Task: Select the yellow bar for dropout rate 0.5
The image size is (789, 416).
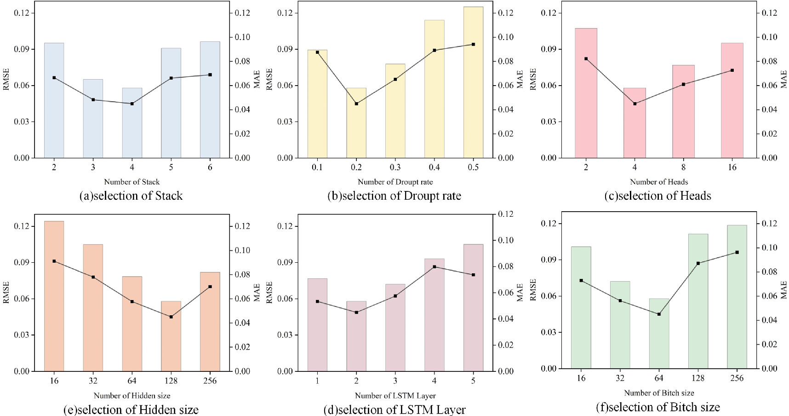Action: (473, 83)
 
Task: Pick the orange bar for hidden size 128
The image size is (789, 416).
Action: (171, 336)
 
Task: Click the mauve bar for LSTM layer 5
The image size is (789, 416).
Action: (473, 308)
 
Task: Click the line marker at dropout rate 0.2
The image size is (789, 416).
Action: (356, 104)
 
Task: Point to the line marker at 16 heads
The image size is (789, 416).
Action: (732, 70)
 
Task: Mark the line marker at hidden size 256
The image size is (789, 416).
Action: (210, 287)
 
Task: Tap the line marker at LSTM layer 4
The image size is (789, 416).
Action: (434, 267)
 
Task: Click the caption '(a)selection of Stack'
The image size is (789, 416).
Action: (131, 196)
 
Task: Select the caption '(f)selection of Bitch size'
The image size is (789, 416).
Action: (657, 407)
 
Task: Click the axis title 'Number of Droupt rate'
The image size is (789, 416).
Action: (395, 182)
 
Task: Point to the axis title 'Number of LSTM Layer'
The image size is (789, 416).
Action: (395, 396)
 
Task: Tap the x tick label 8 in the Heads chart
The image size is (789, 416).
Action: (683, 168)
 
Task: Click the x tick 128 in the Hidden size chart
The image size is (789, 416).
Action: (171, 381)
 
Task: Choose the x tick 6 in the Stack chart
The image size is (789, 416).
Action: (210, 168)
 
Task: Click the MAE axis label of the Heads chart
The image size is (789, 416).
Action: (783, 79)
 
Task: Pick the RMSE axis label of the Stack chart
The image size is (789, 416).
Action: (6, 79)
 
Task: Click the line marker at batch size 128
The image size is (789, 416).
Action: (698, 263)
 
